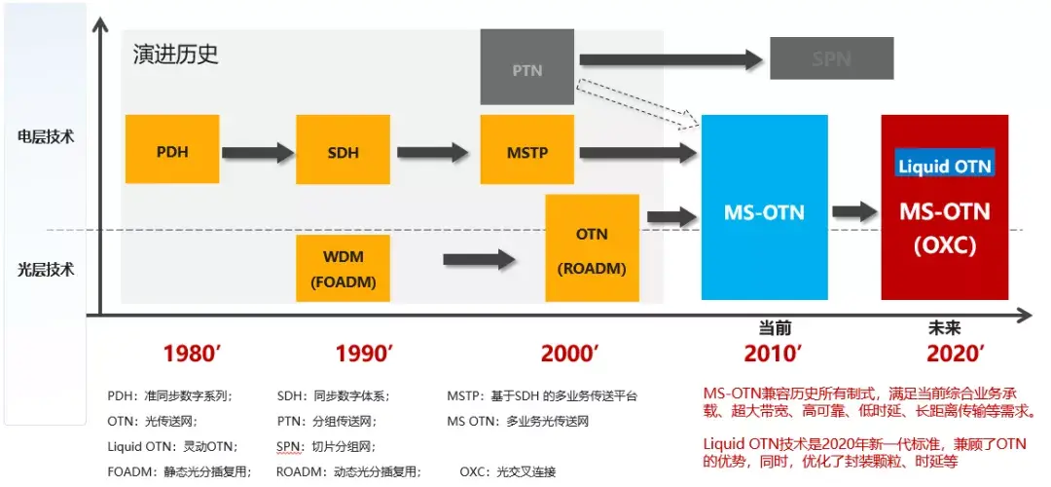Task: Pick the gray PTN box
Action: pos(526,68)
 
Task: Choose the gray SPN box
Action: pos(831,58)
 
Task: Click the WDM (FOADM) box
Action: pos(343,267)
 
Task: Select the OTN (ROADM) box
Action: pos(592,247)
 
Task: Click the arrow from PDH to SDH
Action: pos(258,152)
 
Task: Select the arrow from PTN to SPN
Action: pos(670,59)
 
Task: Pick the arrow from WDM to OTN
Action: pos(479,259)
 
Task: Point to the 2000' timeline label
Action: pos(569,354)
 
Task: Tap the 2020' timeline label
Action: pos(956,354)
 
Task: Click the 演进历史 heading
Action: pos(176,54)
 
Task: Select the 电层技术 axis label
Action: pos(46,136)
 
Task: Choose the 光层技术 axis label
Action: pos(46,269)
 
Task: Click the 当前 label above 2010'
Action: pos(776,328)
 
